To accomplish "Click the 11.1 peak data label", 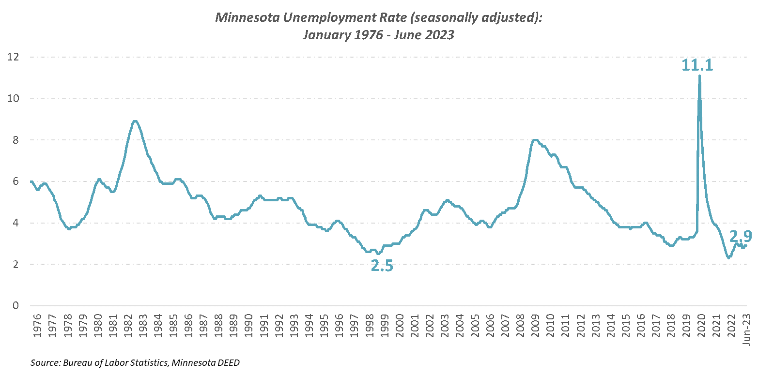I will click(x=697, y=65).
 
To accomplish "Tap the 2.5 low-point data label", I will click(x=382, y=266).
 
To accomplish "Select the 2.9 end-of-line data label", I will click(x=741, y=236).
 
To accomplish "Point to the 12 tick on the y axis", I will click(x=13, y=57).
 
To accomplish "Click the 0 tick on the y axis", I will click(x=16, y=306).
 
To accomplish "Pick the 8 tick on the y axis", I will click(x=16, y=140).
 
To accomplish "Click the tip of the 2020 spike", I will click(x=699, y=76).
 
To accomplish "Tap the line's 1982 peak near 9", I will click(x=135, y=120).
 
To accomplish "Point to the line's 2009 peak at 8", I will click(x=534, y=140).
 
